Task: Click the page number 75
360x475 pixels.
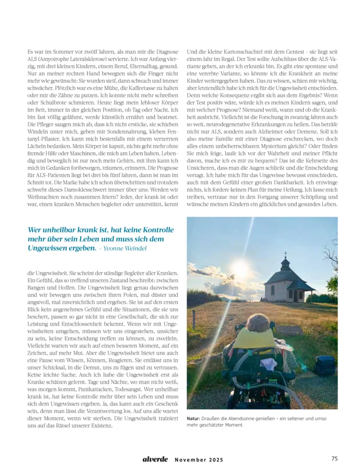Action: [334, 459]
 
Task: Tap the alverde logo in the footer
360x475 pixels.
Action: [155, 459]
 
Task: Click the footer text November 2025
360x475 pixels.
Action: [199, 460]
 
